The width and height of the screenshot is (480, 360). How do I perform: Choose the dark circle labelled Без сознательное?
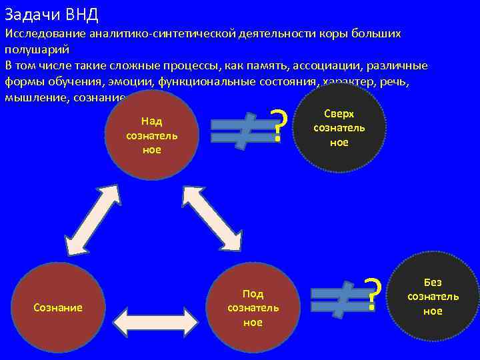click(x=433, y=297)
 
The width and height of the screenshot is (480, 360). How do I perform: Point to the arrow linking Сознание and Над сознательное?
click(x=93, y=217)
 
